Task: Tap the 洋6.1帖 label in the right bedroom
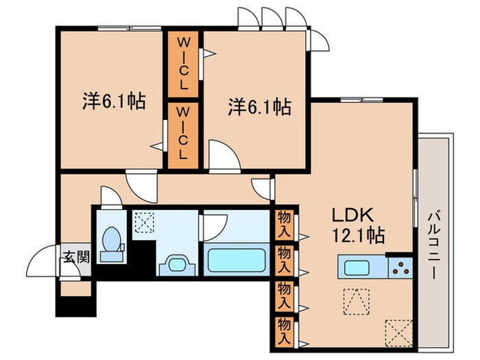(x=259, y=106)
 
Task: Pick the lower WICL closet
(x=183, y=133)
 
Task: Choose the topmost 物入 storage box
(x=285, y=219)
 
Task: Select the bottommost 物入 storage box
(x=285, y=330)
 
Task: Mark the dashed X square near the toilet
(x=143, y=223)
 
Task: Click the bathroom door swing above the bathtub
(x=214, y=224)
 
